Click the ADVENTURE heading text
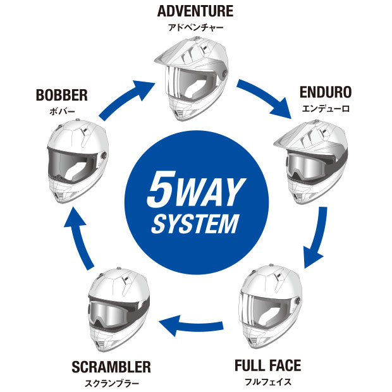point(195,11)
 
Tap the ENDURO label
point(326,93)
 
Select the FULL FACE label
point(267,365)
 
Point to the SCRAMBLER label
point(111,367)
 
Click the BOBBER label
point(61,96)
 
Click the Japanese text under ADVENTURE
point(195,27)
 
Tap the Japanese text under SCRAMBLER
point(111,383)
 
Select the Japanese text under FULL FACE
point(267,381)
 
